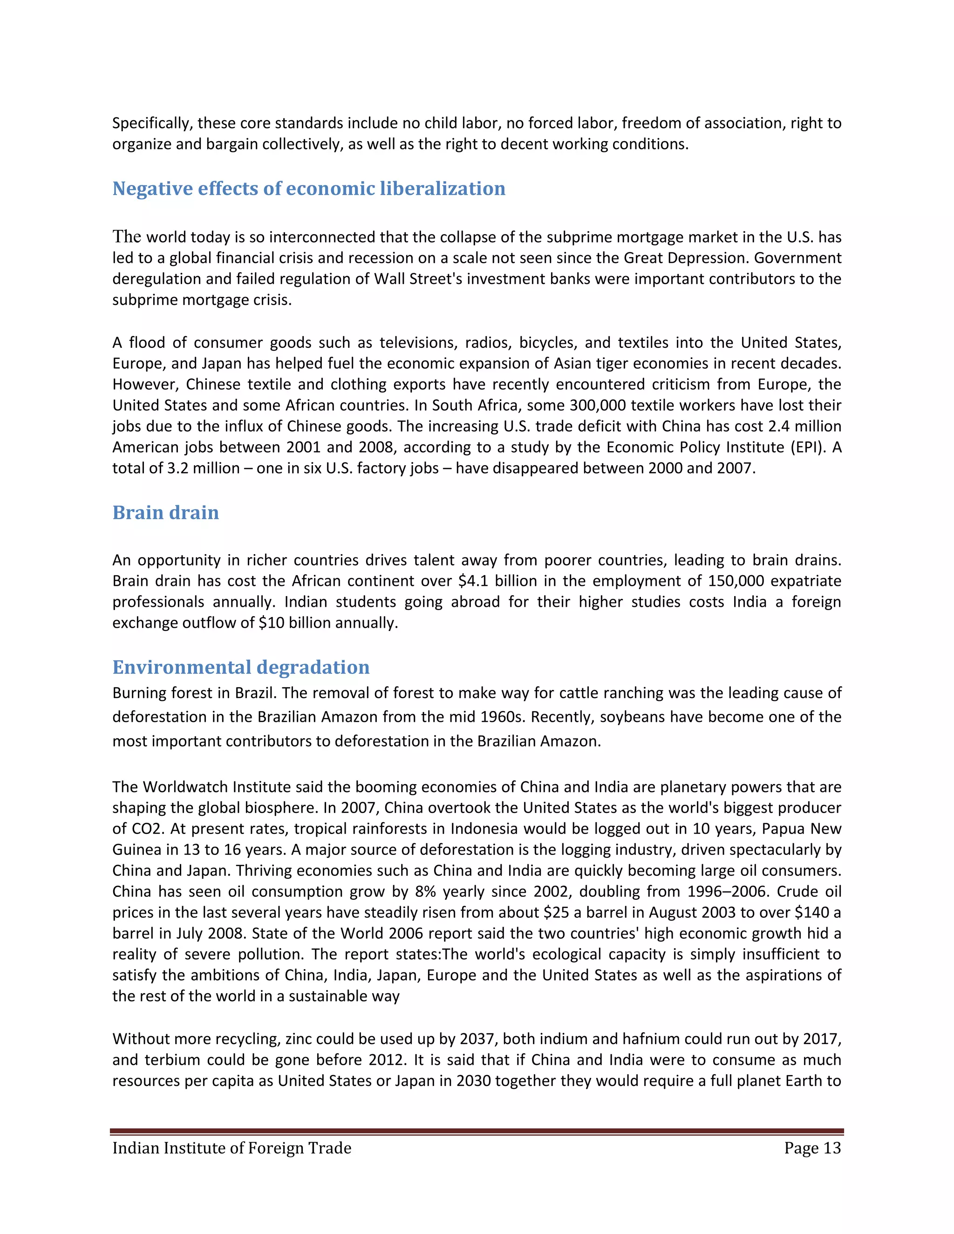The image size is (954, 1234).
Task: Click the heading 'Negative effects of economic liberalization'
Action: tap(308, 189)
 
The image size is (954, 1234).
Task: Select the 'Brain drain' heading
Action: tap(165, 513)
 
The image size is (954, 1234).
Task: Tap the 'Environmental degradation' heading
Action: tap(241, 667)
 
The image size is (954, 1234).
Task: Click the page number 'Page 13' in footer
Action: tap(812, 1148)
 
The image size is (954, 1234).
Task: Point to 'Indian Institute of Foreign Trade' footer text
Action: tap(232, 1148)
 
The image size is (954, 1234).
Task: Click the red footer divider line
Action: tap(477, 1132)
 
